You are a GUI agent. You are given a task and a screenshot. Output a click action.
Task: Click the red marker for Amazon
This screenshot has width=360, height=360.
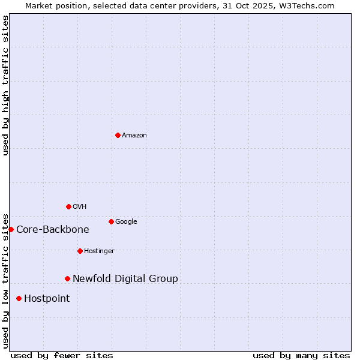coord(118,135)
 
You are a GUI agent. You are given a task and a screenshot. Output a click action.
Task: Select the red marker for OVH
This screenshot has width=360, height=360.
coord(68,206)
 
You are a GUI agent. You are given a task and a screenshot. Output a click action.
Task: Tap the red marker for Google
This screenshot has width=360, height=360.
coord(111,221)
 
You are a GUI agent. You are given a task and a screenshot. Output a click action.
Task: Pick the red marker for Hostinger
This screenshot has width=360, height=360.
coord(80,251)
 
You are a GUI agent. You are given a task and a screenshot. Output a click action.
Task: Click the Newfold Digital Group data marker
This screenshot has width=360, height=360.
coord(67,278)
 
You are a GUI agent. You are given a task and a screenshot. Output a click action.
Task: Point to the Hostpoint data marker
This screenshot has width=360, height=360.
coord(19,298)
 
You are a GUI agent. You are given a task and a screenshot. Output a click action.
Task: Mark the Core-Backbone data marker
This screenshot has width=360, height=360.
coord(11,229)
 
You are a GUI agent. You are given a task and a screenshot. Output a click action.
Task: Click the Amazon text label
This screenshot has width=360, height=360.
coord(134,135)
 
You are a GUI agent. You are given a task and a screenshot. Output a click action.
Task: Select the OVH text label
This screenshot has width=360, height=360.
coord(80,206)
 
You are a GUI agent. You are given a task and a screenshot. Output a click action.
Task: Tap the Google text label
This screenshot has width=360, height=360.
coord(126,221)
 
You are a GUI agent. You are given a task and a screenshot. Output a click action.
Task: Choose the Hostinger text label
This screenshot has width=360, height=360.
coord(99,251)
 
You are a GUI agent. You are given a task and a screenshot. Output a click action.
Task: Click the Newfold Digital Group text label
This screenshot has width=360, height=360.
coord(125,278)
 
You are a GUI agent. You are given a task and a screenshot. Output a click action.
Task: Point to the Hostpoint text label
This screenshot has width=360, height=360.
coord(47,298)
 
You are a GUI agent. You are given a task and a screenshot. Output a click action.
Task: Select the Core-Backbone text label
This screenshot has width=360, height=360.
coord(53,229)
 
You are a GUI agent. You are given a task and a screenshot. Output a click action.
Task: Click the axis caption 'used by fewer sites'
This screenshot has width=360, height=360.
coord(62,355)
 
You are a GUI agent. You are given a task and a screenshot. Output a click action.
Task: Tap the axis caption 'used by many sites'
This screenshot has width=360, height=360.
coord(301,355)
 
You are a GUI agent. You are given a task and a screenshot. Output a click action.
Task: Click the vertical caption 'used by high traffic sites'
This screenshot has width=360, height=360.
coord(5,85)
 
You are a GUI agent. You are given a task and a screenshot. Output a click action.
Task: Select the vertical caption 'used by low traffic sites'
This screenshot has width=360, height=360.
coord(5,280)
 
